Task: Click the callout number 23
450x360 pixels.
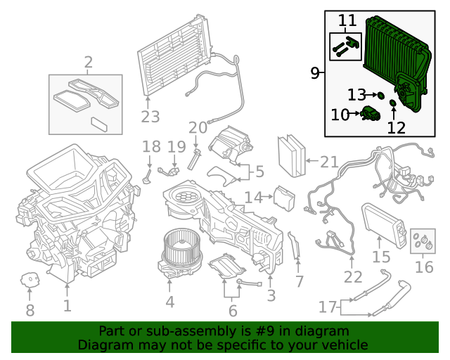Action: [150, 116]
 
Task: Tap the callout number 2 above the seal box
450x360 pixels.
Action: [89, 63]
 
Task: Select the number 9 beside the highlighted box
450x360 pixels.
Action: [315, 72]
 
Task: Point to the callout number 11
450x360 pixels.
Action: [347, 21]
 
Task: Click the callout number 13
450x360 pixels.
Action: [356, 94]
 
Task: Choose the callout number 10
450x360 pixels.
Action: [340, 114]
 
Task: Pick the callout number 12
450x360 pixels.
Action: [397, 127]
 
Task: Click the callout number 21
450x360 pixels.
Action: [329, 162]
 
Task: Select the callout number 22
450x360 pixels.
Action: [353, 277]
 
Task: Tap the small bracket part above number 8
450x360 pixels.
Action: [30, 280]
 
